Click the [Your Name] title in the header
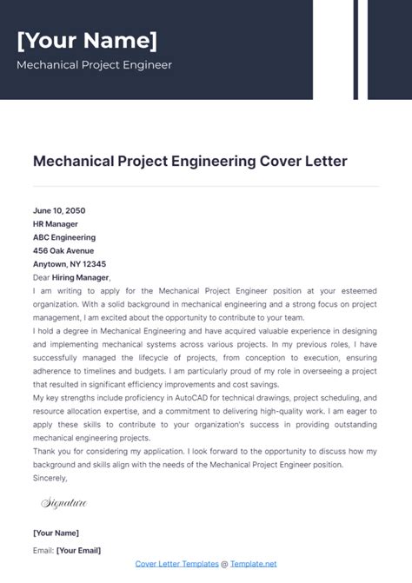pos(87,40)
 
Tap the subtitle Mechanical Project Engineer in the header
pos(94,65)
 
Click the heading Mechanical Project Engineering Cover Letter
pos(189,161)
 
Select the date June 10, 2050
pos(59,210)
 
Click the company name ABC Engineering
pos(64,237)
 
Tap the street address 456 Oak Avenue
pos(63,250)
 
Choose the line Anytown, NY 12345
pos(70,263)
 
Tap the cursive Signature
pos(64,503)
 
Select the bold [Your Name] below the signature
pos(56,533)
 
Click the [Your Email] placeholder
pos(77,550)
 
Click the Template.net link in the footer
pos(253,564)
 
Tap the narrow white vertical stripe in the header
pos(361,49)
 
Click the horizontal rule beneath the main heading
pos(206,186)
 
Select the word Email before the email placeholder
pos(42,550)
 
